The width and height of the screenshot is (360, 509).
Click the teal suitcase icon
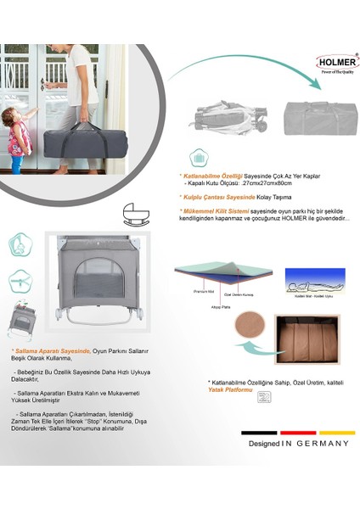tap(198, 158)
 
